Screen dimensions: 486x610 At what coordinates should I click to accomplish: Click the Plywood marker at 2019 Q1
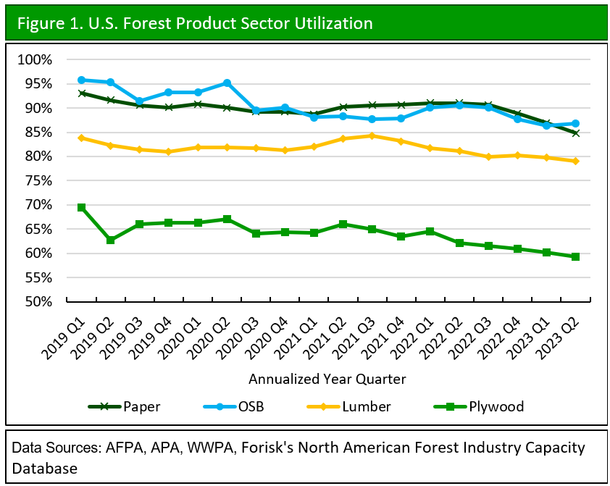click(81, 207)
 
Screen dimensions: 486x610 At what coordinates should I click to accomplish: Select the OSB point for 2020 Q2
click(227, 83)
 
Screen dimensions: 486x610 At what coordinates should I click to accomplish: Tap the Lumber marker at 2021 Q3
click(372, 135)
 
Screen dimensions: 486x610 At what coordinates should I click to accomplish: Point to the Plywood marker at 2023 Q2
click(575, 256)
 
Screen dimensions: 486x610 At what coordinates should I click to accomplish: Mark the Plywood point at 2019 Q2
click(110, 240)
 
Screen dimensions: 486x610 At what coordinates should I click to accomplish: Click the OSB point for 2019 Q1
click(81, 80)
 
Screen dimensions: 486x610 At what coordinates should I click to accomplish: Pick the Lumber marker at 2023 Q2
click(575, 161)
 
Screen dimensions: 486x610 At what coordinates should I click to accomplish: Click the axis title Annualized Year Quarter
click(327, 379)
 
